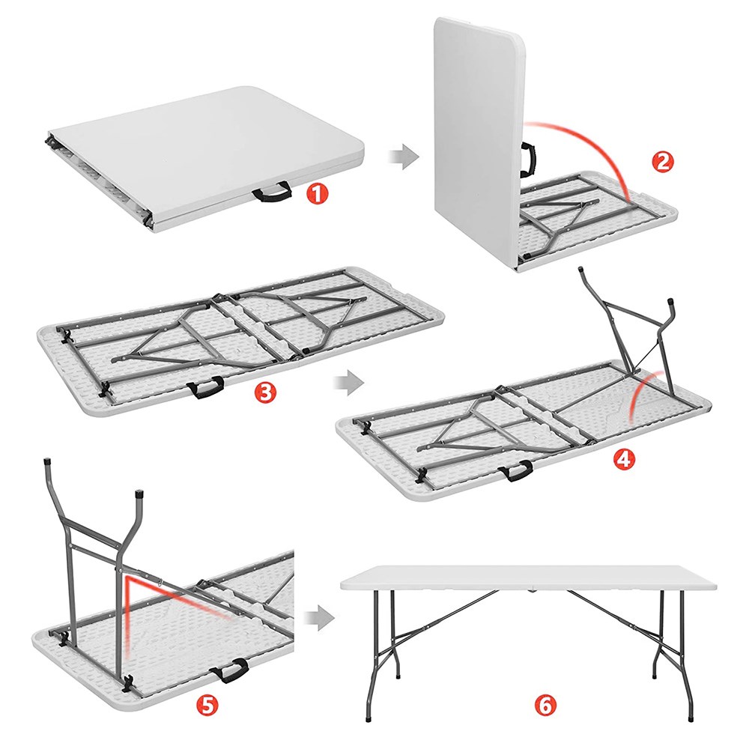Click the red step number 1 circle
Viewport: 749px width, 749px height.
click(318, 195)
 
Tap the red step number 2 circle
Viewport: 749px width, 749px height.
click(663, 162)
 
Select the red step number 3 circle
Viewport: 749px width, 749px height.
click(265, 392)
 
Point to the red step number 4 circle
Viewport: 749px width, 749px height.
click(624, 459)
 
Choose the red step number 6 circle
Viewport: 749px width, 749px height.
click(545, 705)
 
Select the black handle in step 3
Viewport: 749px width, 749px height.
click(206, 387)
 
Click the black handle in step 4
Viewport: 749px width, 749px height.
click(516, 471)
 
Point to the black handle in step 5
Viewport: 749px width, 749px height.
click(231, 670)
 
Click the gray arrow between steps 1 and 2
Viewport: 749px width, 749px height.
click(404, 157)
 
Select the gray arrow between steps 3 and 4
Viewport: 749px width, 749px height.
click(349, 383)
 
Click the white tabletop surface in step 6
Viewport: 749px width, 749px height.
click(529, 577)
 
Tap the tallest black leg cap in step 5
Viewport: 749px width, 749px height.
click(48, 464)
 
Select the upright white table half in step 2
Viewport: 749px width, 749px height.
click(478, 143)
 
